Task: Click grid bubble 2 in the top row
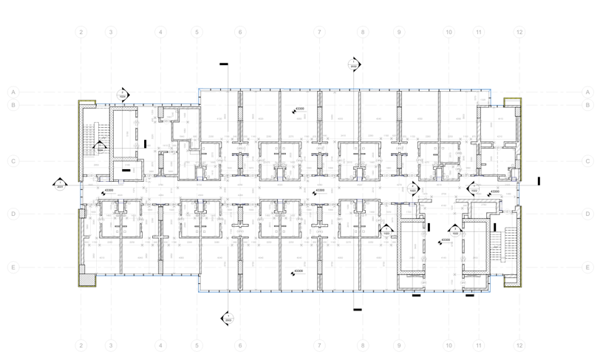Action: coord(81,33)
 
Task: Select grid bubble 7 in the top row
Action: coord(319,33)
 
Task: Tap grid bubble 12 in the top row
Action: coord(520,33)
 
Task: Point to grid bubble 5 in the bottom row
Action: coord(197,345)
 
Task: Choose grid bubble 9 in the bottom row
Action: coord(399,345)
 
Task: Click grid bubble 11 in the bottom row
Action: coord(479,345)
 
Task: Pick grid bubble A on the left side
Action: coord(13,92)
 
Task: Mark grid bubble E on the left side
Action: coord(13,268)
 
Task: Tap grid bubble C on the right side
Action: coord(588,161)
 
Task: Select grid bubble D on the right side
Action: coord(588,214)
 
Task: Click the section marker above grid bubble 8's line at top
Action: coord(354,65)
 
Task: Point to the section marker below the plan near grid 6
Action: coord(228,318)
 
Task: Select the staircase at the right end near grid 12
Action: coord(508,244)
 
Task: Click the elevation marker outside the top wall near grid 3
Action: coord(123,94)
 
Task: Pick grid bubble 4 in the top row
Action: coord(160,33)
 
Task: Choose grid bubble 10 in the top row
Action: coord(449,33)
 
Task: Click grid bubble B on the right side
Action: coord(588,105)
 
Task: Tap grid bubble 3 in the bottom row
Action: coord(111,345)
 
